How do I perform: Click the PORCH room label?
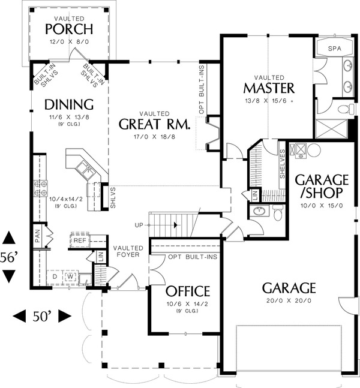point(69,29)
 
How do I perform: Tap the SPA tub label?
point(334,49)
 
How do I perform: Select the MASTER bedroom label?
point(269,88)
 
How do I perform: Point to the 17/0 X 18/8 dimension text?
point(154,137)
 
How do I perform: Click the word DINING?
point(69,104)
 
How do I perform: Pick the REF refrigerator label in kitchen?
point(80,240)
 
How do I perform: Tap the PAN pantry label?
point(38,236)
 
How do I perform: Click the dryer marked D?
point(55,276)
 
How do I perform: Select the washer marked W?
point(71,276)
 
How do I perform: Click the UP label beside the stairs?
point(139,225)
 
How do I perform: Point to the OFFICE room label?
point(188,291)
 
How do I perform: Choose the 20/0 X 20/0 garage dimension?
point(289,300)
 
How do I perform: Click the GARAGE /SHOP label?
point(322,186)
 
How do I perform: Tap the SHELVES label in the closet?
point(283,164)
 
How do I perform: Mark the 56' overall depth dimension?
point(10,258)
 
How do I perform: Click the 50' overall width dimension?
point(42,317)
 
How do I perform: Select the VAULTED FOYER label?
point(128,251)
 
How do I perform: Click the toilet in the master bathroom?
point(346,109)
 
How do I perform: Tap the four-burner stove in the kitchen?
point(41,188)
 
